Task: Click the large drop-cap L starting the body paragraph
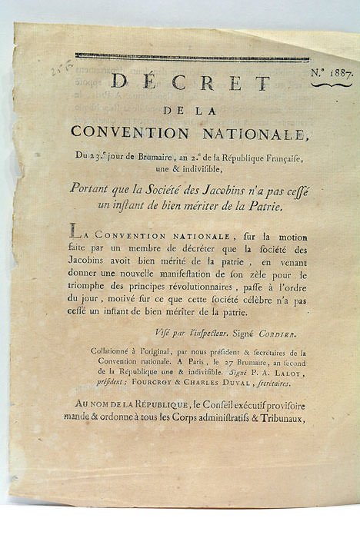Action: pyautogui.click(x=73, y=230)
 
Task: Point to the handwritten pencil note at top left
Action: pyautogui.click(x=55, y=71)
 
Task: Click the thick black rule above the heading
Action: pyautogui.click(x=192, y=58)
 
